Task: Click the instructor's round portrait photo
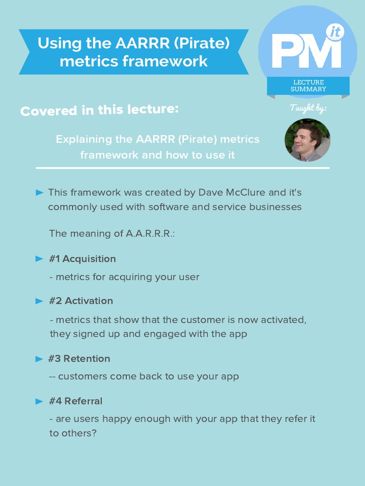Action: click(307, 140)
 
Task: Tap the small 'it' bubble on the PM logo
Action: click(335, 33)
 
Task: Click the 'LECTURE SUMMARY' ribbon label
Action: click(308, 85)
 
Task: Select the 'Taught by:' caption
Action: click(308, 109)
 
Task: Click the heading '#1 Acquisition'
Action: click(82, 259)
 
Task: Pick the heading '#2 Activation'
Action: click(81, 301)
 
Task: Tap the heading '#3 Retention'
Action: click(79, 359)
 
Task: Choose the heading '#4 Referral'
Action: click(76, 401)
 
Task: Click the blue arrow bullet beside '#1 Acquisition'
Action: click(39, 259)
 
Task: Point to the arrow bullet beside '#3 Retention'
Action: click(39, 359)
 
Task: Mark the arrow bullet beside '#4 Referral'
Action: click(39, 401)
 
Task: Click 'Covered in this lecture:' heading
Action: click(99, 110)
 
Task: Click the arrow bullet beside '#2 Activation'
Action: click(39, 301)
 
